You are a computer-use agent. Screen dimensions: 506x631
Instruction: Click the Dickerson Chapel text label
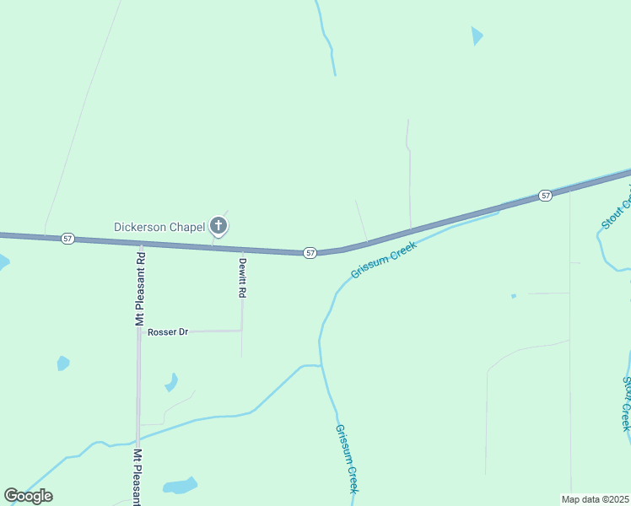159,227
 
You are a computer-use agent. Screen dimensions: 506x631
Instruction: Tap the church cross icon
218,225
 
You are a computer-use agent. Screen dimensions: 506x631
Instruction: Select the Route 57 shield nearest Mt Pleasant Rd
67,240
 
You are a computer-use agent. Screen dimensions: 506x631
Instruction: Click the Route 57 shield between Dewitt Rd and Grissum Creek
310,252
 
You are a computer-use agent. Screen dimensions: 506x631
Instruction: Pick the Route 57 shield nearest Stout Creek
546,196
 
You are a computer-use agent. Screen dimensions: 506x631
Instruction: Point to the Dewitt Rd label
241,277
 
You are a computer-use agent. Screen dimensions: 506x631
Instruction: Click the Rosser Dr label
167,332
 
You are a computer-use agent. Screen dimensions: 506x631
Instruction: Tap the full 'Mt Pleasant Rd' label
141,288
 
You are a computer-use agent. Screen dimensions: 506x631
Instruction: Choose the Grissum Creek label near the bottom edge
348,459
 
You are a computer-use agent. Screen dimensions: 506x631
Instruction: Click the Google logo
29,496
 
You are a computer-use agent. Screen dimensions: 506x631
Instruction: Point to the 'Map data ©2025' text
595,498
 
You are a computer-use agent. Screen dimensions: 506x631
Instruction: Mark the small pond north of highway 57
477,35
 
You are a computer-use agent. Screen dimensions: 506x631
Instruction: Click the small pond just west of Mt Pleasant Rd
62,363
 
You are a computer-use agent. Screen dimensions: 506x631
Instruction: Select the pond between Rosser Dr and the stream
171,382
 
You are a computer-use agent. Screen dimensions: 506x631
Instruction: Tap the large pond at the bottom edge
180,486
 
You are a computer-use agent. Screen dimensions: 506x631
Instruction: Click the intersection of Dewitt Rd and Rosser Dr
242,331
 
